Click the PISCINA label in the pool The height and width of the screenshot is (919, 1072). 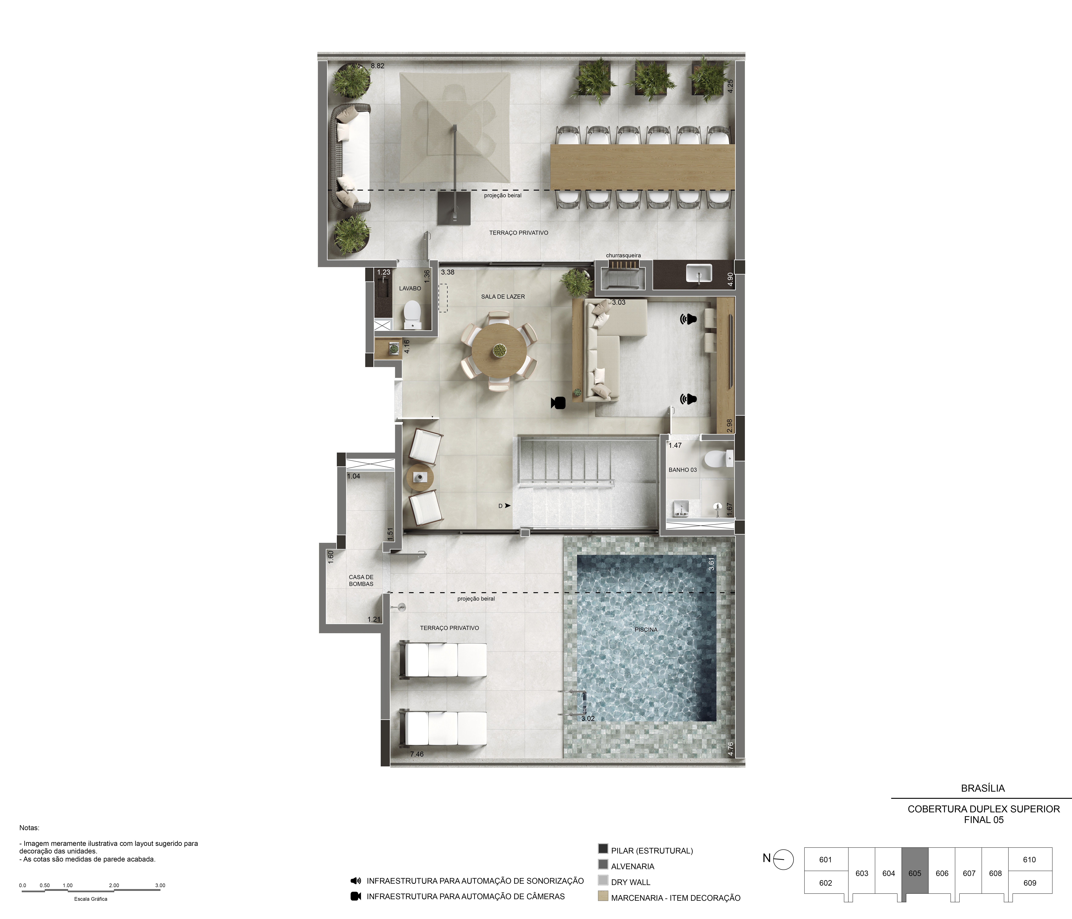pyautogui.click(x=646, y=629)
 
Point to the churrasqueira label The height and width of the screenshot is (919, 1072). pyautogui.click(x=624, y=255)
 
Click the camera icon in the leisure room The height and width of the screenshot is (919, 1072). pyautogui.click(x=558, y=402)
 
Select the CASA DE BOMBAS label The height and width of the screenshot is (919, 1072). pyautogui.click(x=361, y=580)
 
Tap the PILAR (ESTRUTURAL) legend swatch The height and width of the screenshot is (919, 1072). pyautogui.click(x=603, y=849)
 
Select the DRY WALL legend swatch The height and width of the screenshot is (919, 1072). pyautogui.click(x=603, y=880)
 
